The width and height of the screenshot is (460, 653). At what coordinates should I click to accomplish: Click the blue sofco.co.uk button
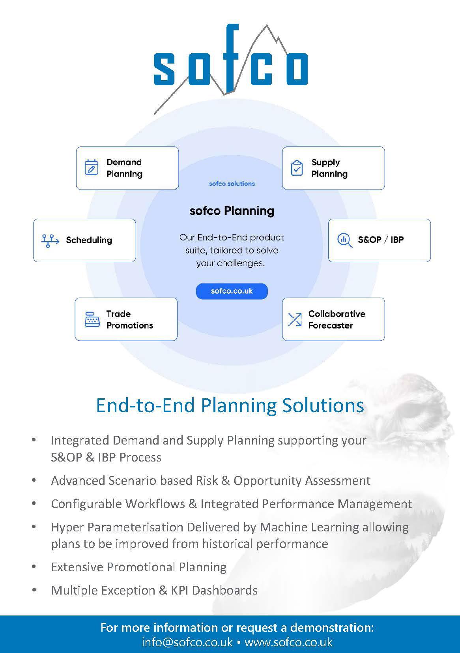pos(232,291)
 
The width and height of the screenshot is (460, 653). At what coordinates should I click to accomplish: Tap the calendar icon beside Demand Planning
pos(92,167)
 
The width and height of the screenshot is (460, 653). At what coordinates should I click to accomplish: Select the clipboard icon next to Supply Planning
pos(297,168)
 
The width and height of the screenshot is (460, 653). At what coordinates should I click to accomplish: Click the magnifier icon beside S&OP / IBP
pos(344,240)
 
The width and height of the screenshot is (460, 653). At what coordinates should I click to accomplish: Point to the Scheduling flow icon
pos(50,240)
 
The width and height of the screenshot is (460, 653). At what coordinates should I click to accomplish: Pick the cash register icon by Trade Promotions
pos(92,319)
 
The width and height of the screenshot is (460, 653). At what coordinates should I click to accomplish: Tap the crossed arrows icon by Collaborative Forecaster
pos(295,319)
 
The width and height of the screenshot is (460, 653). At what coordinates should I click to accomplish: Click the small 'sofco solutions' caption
pos(232,184)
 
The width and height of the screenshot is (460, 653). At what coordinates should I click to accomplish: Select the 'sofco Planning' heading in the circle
pos(232,211)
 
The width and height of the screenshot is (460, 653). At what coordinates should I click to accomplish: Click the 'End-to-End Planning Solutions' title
pos(230,405)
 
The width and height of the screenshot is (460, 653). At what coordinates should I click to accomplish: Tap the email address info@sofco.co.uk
pos(187,642)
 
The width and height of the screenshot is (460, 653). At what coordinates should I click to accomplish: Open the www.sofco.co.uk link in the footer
pos(288,642)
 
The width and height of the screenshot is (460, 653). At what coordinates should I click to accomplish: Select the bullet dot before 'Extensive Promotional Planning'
pos(34,567)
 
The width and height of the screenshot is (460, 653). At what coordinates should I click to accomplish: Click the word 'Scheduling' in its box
pos(89,240)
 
